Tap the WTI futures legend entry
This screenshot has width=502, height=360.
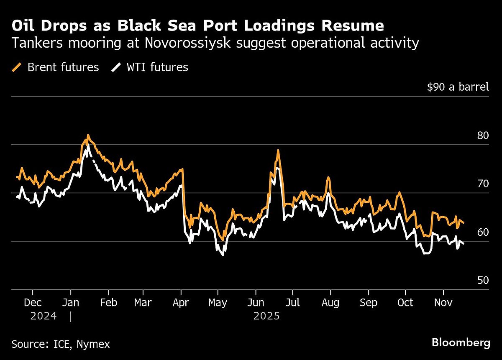coord(152,67)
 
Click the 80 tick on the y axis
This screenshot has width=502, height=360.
coord(482,135)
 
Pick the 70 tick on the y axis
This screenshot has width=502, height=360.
coord(482,184)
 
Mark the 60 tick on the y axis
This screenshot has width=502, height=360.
coord(482,232)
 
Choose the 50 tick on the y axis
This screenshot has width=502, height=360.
coord(482,280)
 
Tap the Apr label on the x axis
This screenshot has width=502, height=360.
coord(181,302)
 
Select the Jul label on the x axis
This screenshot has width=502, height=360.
coord(293,302)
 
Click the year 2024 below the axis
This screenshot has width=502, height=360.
coord(43,317)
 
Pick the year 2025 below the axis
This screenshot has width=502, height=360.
coord(266,317)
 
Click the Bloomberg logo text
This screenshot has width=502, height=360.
coord(461,343)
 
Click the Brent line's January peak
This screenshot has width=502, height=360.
coord(88,135)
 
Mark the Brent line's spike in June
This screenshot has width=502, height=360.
coord(278,150)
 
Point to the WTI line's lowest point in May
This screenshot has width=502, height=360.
coord(223,255)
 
